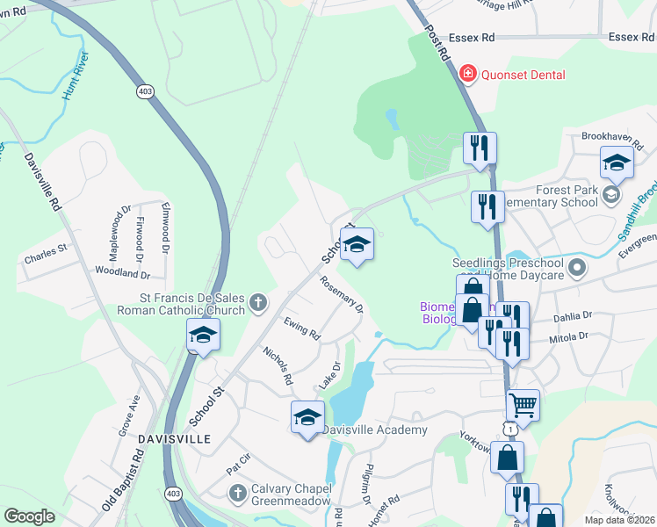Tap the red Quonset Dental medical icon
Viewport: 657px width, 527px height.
click(467, 74)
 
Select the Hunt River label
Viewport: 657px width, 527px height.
click(76, 76)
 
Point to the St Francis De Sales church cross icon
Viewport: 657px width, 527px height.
click(258, 303)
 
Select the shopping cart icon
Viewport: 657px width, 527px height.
click(523, 405)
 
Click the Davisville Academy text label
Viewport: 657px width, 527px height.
click(374, 430)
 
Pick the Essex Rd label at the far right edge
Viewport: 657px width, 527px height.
click(632, 38)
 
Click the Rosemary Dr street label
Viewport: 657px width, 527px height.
click(342, 294)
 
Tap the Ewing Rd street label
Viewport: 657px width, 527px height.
click(302, 329)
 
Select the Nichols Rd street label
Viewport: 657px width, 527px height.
click(278, 365)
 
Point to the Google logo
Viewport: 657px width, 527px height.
click(29, 516)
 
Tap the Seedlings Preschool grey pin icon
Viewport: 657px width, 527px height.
click(577, 266)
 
